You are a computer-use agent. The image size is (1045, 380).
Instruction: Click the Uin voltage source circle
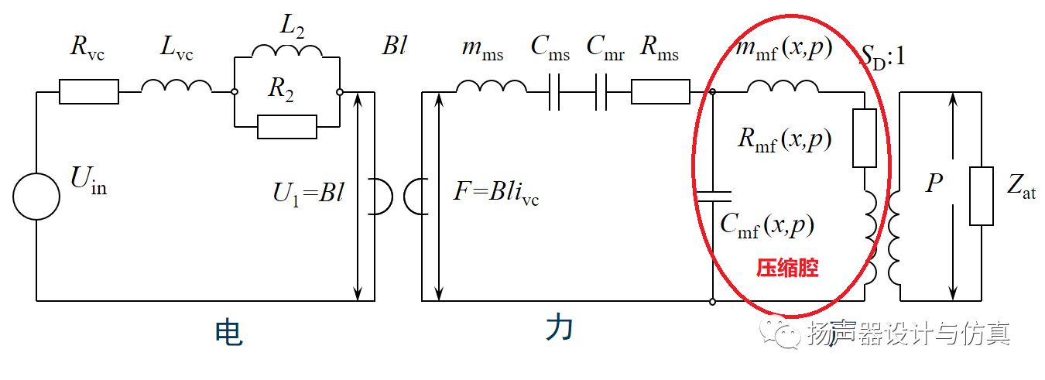(36, 197)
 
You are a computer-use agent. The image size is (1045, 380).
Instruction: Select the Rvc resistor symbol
(89, 92)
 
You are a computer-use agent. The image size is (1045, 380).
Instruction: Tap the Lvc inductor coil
(176, 87)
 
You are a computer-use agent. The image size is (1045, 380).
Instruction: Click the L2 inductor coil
(287, 51)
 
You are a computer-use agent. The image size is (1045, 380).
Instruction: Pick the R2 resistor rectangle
(287, 126)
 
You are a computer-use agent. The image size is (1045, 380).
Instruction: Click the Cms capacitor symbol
(553, 92)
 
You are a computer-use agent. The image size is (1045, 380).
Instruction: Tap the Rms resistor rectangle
(660, 92)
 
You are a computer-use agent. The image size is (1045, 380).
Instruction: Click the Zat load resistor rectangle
(982, 197)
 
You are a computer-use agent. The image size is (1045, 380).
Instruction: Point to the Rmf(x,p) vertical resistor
(865, 139)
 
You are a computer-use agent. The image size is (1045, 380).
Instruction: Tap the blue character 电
(228, 332)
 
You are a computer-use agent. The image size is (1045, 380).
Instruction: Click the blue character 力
(559, 329)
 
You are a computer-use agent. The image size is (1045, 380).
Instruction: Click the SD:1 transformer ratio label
(883, 56)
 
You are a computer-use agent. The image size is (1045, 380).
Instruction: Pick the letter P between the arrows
(935, 184)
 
